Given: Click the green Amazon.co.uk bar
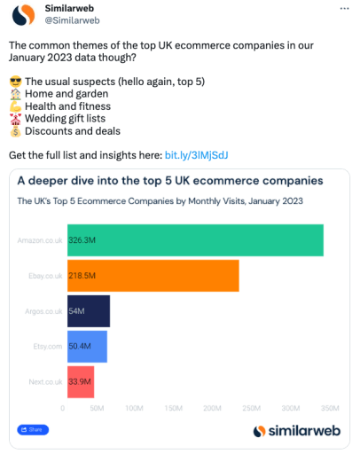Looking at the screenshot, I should (195, 240).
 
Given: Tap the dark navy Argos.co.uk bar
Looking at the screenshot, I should (88, 311).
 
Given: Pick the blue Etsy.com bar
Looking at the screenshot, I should (87, 347).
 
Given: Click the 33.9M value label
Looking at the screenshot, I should (80, 381).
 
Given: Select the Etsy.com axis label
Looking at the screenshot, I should (47, 347).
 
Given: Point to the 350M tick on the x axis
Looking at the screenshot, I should (328, 409).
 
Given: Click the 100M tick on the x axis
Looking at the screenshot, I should (135, 409).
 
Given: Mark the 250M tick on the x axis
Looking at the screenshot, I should (251, 409).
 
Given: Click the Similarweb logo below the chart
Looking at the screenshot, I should (292, 431).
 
